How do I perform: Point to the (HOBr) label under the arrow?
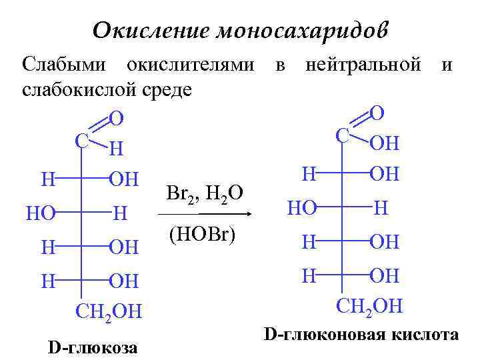(203, 235)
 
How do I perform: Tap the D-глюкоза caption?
(93, 347)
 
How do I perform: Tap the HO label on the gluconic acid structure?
(301, 208)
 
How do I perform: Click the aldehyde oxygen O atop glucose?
(116, 119)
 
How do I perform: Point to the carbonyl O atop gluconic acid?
(377, 112)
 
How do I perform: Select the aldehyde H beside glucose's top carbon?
(116, 148)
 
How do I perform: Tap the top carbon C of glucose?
(81, 141)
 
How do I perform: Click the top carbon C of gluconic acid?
(343, 135)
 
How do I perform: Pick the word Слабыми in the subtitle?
(63, 65)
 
